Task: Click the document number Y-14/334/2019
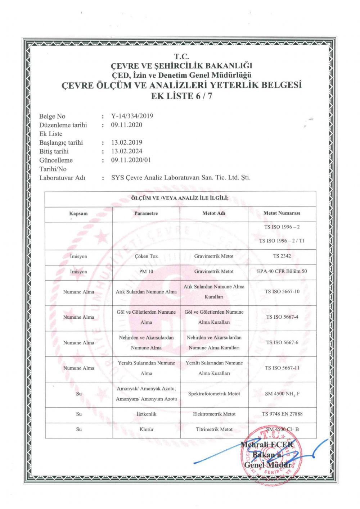(x=132, y=116)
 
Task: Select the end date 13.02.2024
(x=127, y=151)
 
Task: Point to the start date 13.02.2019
(x=127, y=142)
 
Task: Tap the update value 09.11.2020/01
(x=131, y=160)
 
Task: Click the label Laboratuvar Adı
(x=62, y=178)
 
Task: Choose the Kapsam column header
(x=78, y=213)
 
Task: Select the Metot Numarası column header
(x=282, y=213)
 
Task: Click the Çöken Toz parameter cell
(x=146, y=256)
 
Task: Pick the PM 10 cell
(x=146, y=272)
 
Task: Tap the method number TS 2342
(x=282, y=256)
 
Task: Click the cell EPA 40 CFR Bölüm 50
(x=282, y=271)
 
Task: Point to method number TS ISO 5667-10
(x=282, y=291)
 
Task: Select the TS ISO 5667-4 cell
(x=282, y=317)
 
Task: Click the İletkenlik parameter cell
(x=146, y=414)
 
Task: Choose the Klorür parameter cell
(x=146, y=429)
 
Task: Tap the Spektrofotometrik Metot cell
(x=214, y=394)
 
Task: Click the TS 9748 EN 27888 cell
(x=282, y=414)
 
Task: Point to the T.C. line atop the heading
(x=181, y=56)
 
